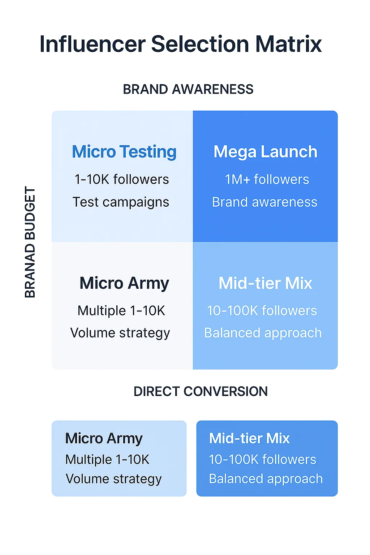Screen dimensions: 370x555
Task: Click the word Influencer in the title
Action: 92,44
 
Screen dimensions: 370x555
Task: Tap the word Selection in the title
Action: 200,44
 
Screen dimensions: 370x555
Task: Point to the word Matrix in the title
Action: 288,44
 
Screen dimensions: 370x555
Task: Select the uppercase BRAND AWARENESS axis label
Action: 188,89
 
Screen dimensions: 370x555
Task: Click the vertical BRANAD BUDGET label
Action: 30,242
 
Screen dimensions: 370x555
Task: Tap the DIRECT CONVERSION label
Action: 201,391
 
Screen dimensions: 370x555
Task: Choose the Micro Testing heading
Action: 124,152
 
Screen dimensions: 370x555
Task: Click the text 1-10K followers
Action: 122,179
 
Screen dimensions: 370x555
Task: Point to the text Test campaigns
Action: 121,202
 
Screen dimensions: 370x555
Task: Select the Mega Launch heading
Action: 266,152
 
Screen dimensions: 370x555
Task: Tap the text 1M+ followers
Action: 267,179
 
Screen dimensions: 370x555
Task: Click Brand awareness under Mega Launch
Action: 265,202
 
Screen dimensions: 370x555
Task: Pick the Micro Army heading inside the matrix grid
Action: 124,283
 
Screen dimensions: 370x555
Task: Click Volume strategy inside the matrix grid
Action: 120,333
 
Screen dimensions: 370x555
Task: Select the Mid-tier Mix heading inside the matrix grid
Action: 266,283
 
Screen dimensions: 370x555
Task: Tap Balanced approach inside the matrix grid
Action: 263,333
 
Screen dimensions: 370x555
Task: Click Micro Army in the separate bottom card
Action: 104,439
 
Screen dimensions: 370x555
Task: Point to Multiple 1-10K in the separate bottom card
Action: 107,459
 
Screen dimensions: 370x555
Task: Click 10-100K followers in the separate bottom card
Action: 263,459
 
